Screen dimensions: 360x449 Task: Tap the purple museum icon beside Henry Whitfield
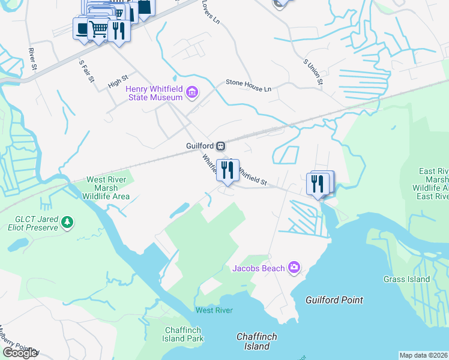pos(192,92)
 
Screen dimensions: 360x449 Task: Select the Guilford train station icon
pos(221,146)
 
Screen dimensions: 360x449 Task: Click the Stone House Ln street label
pos(249,86)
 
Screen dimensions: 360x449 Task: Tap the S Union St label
pos(314,71)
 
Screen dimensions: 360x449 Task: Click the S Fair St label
pos(86,70)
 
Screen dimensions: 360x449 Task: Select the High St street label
pos(118,82)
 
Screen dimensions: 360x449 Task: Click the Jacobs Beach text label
pos(258,268)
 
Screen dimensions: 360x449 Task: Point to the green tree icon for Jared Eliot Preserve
pos(68,223)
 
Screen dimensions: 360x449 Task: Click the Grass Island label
pos(406,279)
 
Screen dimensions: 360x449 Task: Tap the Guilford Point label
pos(334,300)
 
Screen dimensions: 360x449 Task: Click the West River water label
pos(214,310)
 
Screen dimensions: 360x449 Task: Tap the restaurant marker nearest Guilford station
pos(227,170)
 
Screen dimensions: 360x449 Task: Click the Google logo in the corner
pos(20,353)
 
